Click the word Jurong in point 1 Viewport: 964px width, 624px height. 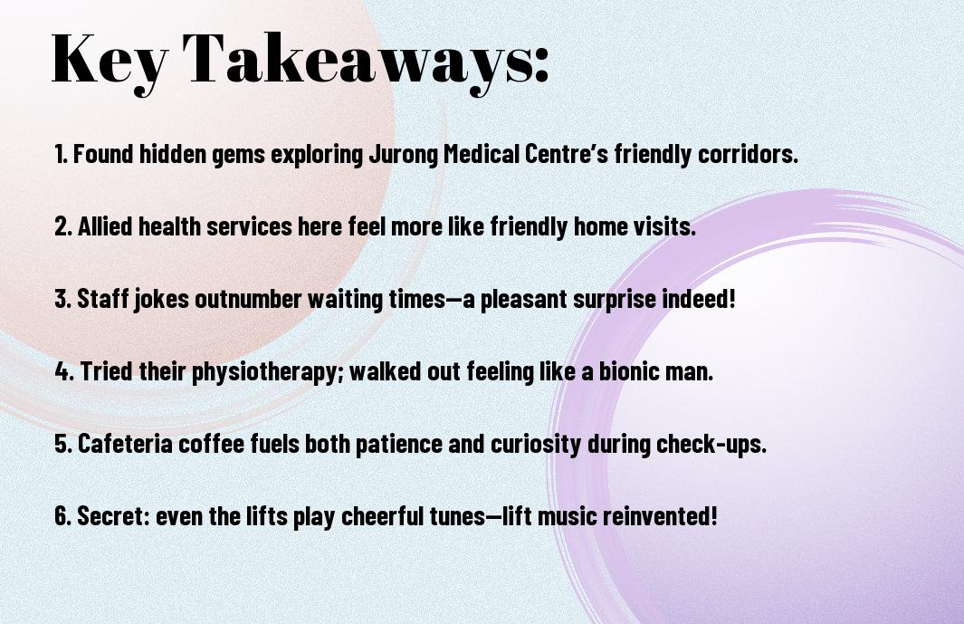(404, 155)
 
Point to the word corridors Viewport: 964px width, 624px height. (748, 154)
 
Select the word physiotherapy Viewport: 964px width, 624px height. (268, 372)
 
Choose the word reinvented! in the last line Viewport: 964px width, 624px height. (660, 515)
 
